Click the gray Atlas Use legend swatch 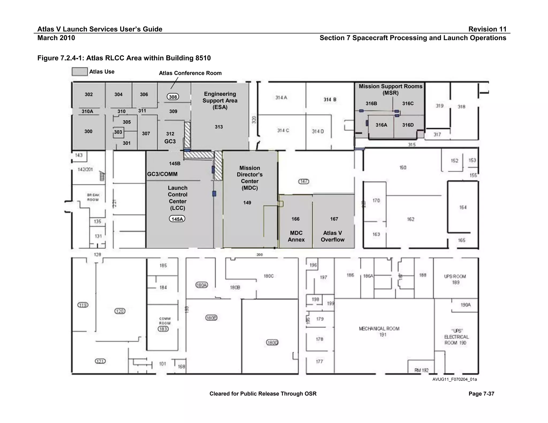coord(79,72)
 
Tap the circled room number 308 coord(173,97)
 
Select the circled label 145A coord(177,219)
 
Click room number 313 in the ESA coord(219,127)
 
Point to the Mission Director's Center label coord(250,178)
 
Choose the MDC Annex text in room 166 coord(296,236)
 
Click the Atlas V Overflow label coord(333,236)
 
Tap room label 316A coord(381,125)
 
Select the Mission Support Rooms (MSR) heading coord(390,90)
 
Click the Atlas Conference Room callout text coord(190,73)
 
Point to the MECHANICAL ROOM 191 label coord(379,331)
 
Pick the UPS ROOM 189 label coord(455,279)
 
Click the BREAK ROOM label coord(93,197)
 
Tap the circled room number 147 coord(304,182)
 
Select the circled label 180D coord(272,343)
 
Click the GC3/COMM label coord(162,174)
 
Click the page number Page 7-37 coord(481,394)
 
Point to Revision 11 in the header coord(487,29)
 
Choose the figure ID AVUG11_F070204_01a coord(455,379)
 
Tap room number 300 coord(88,131)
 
